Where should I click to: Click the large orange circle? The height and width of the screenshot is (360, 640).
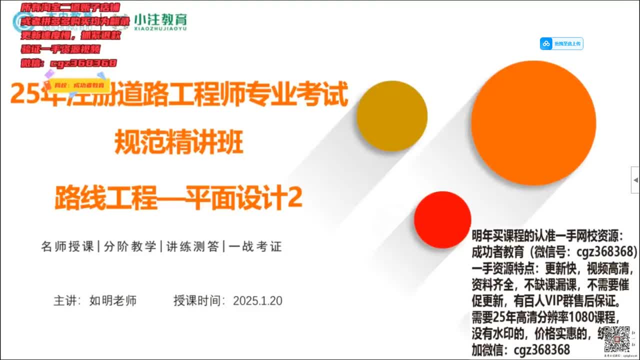533,123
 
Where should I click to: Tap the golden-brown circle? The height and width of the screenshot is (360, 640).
392,116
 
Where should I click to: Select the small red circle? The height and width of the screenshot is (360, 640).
442,219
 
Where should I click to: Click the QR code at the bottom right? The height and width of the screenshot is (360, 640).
616,339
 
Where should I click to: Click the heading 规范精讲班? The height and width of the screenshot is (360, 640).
179,142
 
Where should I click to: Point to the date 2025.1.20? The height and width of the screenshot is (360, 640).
257,301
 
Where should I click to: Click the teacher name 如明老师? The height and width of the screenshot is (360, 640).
113,301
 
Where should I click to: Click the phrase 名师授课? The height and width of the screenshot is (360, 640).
67,246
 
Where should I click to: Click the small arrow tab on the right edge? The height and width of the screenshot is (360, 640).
635,179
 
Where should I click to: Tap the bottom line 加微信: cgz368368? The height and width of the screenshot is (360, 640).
520,349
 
